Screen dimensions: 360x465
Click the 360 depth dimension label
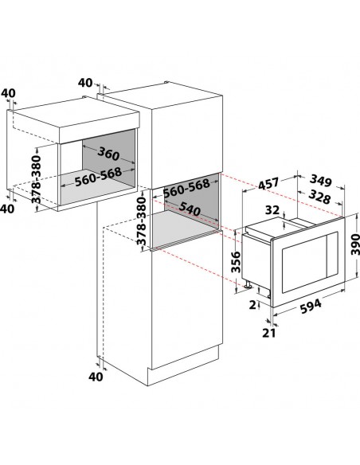coord(108,154)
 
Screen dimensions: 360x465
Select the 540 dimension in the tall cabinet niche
coord(190,209)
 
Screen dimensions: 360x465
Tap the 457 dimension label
coord(268,183)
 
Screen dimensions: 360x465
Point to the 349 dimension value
coord(321,181)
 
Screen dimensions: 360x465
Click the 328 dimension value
coord(319,197)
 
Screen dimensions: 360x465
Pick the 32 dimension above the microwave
coord(272,210)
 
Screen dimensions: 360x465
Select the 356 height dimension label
coord(236,261)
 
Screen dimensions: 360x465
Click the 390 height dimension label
coord(355,244)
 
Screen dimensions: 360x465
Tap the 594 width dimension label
coord(311,307)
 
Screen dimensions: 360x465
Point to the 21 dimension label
coord(269,333)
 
